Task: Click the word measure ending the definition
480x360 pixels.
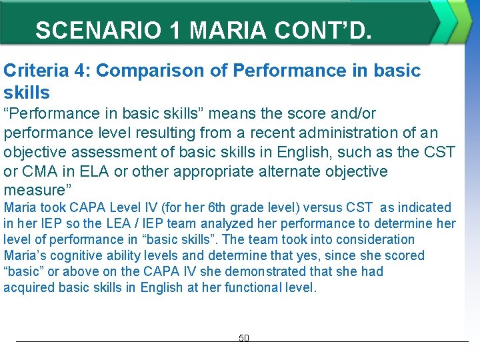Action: pos(33,190)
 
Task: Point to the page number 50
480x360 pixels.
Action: pos(243,339)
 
